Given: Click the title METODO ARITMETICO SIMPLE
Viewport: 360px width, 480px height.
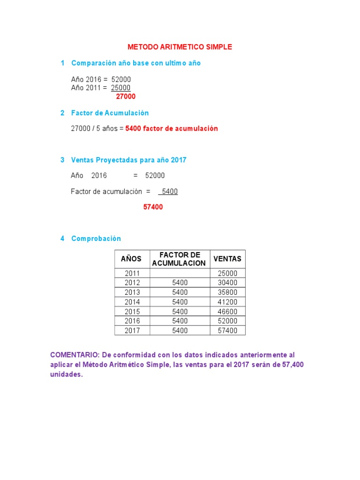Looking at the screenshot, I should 180,47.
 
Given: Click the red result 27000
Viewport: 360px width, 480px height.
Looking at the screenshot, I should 126,97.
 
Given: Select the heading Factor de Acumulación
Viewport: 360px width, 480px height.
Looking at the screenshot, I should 110,113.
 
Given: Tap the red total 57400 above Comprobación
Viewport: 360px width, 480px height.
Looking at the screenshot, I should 153,207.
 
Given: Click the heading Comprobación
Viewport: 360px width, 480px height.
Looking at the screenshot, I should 96,239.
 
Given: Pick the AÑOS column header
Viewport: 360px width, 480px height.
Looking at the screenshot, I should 131,259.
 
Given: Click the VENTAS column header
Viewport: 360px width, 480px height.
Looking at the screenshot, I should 227,259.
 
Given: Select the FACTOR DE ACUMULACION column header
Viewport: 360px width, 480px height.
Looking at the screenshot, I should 180,259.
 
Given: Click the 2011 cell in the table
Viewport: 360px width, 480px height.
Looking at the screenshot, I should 132,273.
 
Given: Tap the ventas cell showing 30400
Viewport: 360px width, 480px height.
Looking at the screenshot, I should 228,283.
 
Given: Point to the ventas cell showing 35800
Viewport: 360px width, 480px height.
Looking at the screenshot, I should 228,292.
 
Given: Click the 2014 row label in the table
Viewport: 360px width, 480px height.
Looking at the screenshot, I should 132,302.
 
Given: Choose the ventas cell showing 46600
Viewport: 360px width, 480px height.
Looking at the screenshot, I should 228,312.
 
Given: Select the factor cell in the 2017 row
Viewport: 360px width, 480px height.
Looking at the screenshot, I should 180,330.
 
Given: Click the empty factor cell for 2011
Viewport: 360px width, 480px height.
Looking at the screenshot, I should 180,273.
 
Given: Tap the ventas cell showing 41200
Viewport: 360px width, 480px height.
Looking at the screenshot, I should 228,302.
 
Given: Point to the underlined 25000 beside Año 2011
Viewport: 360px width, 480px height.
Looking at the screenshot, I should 121,88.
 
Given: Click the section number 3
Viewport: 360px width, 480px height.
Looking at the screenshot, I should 62,160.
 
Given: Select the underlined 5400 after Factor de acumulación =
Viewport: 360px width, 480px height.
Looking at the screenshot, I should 169,191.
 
